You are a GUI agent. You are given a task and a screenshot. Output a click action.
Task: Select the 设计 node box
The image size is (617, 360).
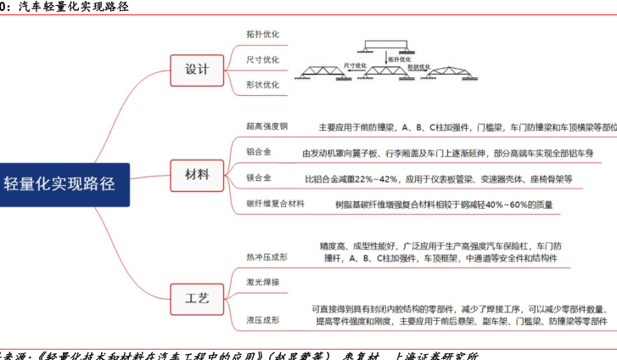pos(197,69)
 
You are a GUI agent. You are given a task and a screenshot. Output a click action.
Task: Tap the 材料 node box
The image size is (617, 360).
pos(197,175)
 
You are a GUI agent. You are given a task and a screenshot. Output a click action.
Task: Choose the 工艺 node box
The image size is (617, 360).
pos(197,297)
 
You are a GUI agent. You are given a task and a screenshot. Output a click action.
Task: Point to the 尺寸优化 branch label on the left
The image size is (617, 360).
pos(262,60)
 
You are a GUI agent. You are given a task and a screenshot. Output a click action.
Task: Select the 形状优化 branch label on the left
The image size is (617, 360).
pos(262,85)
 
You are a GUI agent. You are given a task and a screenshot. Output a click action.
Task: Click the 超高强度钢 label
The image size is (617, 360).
pos(267,127)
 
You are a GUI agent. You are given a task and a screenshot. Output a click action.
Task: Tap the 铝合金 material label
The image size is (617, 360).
pos(259,153)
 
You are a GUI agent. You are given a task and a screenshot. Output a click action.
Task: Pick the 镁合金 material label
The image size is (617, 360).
pos(259,178)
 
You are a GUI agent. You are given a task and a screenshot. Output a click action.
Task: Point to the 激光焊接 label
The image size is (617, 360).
pos(262,281)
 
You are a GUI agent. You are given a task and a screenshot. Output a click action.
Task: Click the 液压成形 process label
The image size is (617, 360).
pos(262,320)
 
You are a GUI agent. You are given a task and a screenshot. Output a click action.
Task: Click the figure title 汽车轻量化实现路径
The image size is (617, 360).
pos(68,6)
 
